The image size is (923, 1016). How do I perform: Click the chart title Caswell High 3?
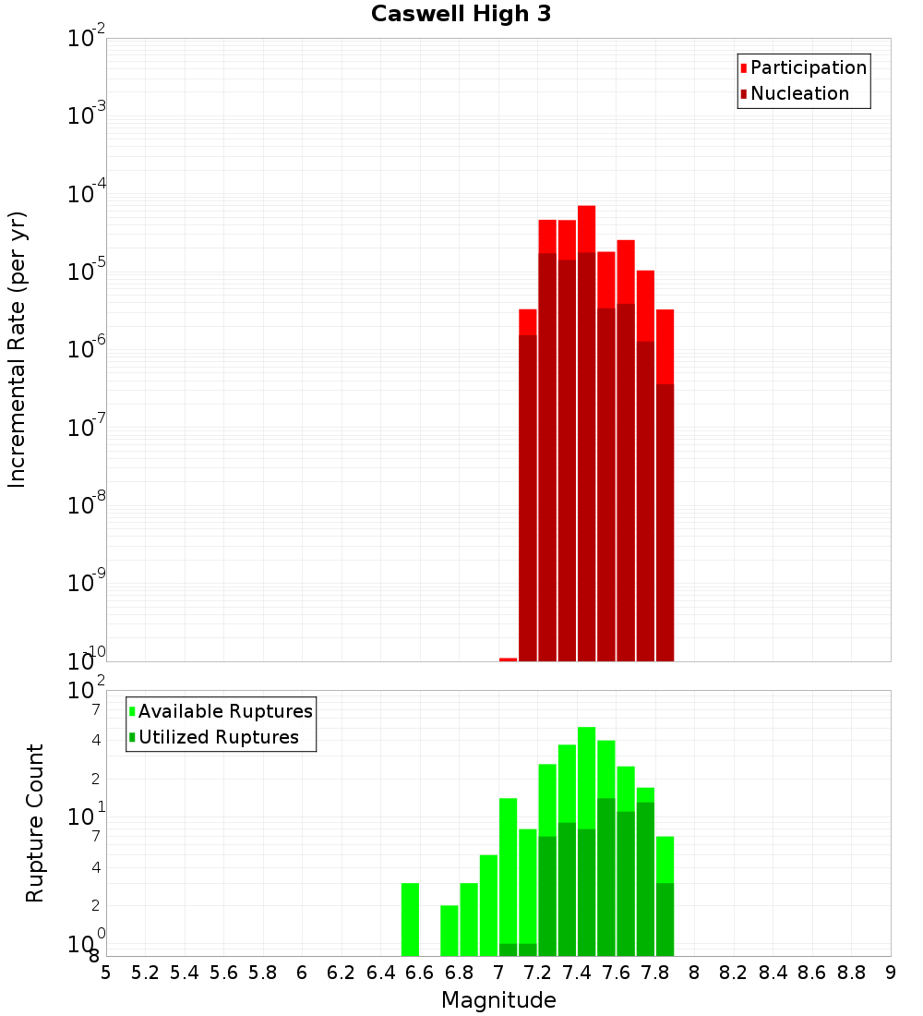click(x=461, y=15)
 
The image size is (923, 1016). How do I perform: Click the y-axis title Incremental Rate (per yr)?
click(x=18, y=349)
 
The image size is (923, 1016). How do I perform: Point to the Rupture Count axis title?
click(x=35, y=822)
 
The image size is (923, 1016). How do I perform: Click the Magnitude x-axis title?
click(x=498, y=1000)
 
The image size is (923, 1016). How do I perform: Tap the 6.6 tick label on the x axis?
click(x=420, y=973)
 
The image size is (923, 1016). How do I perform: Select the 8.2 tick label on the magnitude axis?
click(x=734, y=973)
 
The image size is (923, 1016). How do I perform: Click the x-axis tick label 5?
click(x=106, y=973)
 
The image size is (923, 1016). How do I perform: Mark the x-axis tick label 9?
click(x=891, y=973)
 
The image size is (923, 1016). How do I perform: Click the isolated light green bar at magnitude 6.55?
click(x=410, y=919)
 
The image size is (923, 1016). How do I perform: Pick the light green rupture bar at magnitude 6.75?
click(x=450, y=930)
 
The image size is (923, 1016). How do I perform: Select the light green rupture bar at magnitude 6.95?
click(x=488, y=905)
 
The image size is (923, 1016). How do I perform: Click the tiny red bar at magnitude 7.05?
click(x=508, y=659)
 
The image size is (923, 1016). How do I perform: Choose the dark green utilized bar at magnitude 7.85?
click(x=665, y=919)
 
